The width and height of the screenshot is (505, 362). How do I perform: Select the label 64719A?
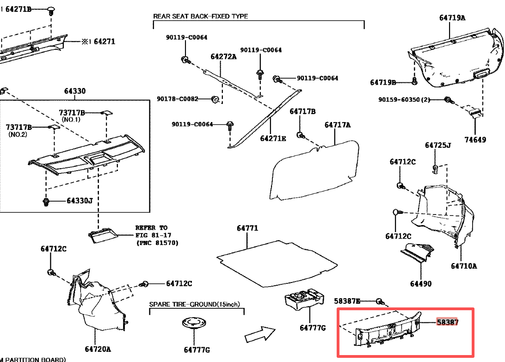tap(452, 18)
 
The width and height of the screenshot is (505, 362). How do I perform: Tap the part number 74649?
tap(475, 139)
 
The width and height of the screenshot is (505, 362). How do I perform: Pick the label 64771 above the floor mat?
tap(247, 228)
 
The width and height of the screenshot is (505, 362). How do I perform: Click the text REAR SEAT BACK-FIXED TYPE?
tap(200, 16)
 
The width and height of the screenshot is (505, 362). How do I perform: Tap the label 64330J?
tap(80, 201)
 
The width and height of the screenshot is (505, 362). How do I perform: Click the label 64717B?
tap(302, 111)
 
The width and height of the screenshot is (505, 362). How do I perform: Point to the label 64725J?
tap(437, 146)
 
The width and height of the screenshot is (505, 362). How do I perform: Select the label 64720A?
tap(98, 349)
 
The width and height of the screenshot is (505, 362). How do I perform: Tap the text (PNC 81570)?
tap(157, 243)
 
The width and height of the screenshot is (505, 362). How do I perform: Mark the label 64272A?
tap(223, 57)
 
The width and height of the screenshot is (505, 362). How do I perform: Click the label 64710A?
tap(464, 266)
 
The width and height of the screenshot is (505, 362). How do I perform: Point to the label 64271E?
tap(273, 138)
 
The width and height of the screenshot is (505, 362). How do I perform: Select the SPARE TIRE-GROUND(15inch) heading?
tap(194, 304)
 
